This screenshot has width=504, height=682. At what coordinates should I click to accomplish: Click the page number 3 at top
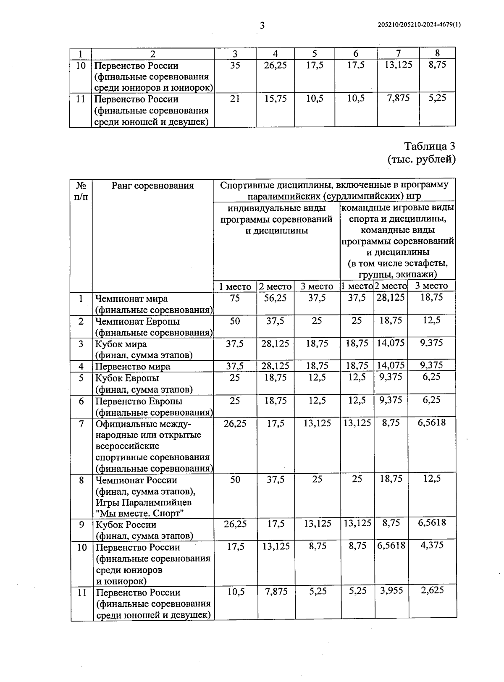(x=262, y=26)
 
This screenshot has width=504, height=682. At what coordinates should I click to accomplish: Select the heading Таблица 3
(x=429, y=146)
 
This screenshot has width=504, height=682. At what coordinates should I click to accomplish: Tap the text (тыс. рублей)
(x=421, y=159)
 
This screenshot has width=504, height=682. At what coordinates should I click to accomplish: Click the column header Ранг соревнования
(x=152, y=186)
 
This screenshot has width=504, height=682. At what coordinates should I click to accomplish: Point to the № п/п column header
(x=81, y=191)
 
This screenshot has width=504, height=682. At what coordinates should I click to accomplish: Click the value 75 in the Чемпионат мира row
(x=235, y=298)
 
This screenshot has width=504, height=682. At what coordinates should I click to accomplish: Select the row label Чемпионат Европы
(x=137, y=321)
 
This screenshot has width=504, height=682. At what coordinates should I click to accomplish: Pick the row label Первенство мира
(x=133, y=366)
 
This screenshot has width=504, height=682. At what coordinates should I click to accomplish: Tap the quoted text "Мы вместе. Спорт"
(x=140, y=514)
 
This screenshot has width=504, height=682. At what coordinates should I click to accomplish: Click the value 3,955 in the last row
(x=391, y=590)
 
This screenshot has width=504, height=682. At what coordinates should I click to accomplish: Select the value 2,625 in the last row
(x=432, y=590)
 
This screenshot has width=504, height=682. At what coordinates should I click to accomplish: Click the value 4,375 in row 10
(x=432, y=545)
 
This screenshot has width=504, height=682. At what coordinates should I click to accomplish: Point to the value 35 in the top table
(x=235, y=65)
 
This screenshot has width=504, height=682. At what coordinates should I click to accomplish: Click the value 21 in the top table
(x=235, y=98)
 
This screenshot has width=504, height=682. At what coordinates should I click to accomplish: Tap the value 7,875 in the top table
(x=398, y=98)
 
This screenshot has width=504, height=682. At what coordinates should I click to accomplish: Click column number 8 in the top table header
(x=437, y=53)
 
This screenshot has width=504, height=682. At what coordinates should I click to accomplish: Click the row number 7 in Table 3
(x=81, y=423)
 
